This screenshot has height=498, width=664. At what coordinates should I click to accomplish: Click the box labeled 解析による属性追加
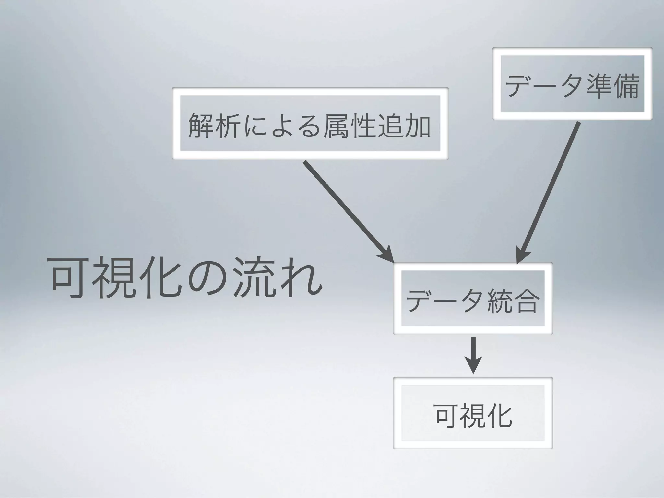310,123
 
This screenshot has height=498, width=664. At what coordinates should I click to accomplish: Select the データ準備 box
572,84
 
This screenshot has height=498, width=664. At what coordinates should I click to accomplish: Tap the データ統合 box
473,298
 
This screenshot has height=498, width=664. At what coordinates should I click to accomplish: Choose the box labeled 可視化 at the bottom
473,413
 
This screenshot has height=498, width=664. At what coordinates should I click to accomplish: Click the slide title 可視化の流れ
186,278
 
